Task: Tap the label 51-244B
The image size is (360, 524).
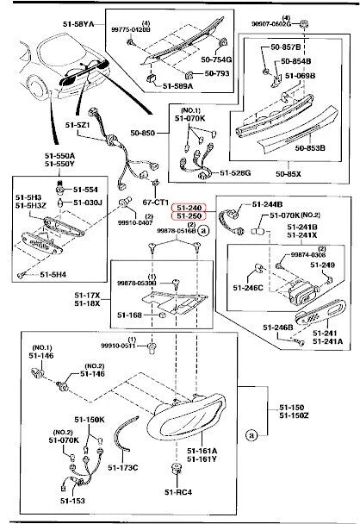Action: [x=267, y=203]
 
